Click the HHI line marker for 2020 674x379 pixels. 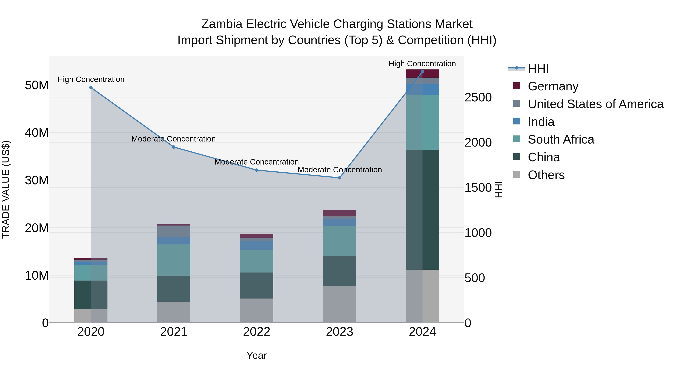pos(91,88)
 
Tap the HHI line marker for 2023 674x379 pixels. pos(339,178)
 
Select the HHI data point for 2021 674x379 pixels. pos(174,147)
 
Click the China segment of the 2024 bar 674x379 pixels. pos(422,209)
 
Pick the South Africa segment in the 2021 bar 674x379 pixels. pos(174,260)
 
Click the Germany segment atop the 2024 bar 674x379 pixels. pos(422,74)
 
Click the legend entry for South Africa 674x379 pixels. pos(561,139)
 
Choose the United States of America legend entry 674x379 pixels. pos(595,104)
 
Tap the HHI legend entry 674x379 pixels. pos(538,69)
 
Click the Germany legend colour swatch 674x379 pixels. pos(517,86)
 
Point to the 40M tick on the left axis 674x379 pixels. pos(37,133)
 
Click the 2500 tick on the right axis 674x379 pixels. pos(478,98)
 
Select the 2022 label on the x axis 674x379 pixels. pos(256,332)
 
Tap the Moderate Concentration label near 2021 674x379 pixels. pos(174,139)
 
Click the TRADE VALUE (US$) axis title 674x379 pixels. pos(6,189)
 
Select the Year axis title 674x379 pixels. pos(256,355)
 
